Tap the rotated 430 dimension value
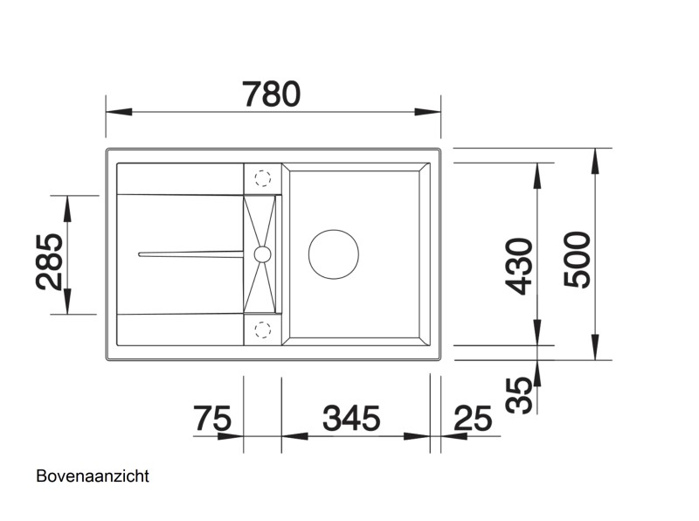(519, 265)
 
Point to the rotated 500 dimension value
(578, 260)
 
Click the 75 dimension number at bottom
(212, 420)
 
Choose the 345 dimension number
(351, 420)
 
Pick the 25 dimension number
(473, 420)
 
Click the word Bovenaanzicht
(93, 476)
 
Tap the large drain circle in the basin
(333, 254)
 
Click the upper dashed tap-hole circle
(261, 178)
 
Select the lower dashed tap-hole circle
(261, 329)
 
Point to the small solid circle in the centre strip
(261, 254)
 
